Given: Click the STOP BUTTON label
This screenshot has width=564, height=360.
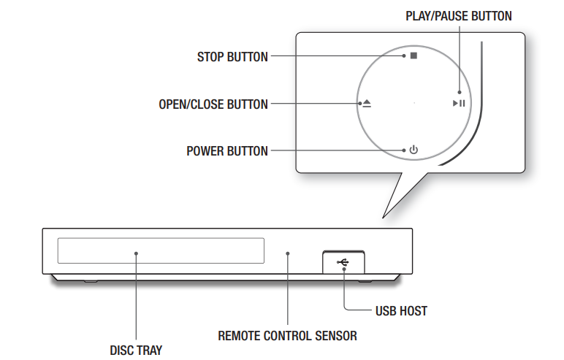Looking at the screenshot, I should click(232, 56).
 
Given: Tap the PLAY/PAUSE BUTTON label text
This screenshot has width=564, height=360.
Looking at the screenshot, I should click(459, 15).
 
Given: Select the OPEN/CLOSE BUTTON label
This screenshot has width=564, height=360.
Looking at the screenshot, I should click(213, 104).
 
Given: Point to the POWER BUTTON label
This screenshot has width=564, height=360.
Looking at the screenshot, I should click(227, 151).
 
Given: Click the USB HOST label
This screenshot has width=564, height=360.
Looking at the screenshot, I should click(401, 311).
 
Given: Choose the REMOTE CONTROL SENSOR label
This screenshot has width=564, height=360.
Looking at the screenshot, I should click(288, 336).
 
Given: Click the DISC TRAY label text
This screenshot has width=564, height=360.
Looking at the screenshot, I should click(137, 351).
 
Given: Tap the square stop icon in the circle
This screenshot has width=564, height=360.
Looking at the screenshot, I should click(414, 55).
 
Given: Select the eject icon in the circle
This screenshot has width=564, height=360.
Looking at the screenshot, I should click(366, 104).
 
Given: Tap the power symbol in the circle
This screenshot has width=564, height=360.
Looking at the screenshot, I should click(414, 150).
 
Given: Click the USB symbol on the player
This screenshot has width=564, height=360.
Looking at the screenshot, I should click(343, 261).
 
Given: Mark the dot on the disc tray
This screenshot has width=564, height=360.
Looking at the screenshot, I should click(136, 253).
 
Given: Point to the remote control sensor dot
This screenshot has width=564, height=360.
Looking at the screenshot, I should click(288, 253).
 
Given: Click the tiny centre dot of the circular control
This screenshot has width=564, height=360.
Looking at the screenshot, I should click(414, 104).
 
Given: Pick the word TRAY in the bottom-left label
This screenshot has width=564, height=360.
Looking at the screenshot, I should click(150, 351).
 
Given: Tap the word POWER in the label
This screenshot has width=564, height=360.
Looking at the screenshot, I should click(206, 151).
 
